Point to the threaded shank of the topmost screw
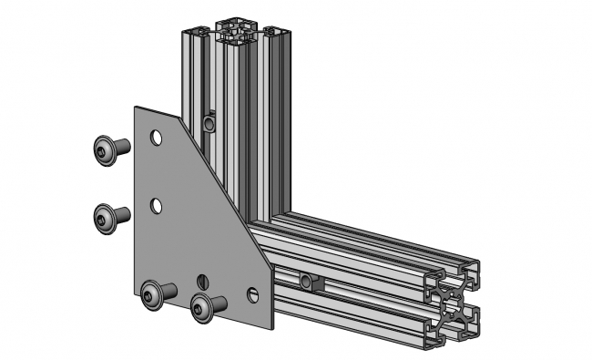click(123, 146)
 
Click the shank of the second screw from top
click(123, 215)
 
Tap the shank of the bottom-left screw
click(168, 291)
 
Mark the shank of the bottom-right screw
click(219, 303)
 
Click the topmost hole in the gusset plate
click(157, 139)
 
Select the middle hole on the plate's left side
click(157, 206)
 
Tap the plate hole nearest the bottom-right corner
click(252, 294)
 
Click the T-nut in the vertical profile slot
click(209, 122)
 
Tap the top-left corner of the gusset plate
click(137, 108)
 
